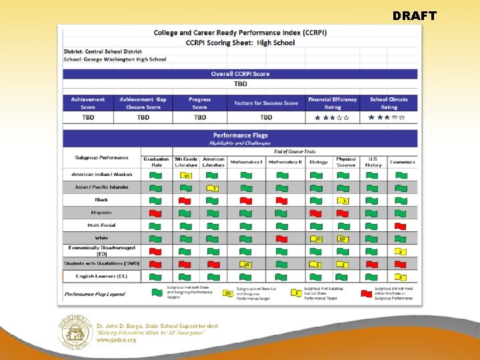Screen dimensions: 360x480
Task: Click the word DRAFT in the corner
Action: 414,15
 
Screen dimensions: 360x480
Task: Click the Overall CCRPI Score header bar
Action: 240,74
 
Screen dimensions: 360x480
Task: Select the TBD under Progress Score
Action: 200,117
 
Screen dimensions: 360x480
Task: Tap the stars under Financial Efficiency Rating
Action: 332,117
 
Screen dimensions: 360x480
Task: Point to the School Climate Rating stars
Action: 389,117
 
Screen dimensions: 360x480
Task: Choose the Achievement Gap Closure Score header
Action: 143,103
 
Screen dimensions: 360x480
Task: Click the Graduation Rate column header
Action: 156,161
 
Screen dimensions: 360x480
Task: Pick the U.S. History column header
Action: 373,161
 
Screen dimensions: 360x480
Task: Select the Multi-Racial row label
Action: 101,225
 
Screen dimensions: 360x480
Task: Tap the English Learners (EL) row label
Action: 101,276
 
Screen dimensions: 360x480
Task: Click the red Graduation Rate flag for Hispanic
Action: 156,213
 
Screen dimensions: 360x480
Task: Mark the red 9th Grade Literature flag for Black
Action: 186,200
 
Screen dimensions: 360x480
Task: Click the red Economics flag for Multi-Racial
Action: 401,226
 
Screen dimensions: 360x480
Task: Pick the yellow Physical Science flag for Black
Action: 343,200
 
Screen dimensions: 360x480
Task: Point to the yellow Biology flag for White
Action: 317,239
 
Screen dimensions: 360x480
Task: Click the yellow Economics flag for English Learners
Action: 401,277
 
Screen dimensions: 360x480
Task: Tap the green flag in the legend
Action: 157,292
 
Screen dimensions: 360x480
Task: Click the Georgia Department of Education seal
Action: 73,332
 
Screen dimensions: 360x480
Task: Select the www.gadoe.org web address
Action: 117,340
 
